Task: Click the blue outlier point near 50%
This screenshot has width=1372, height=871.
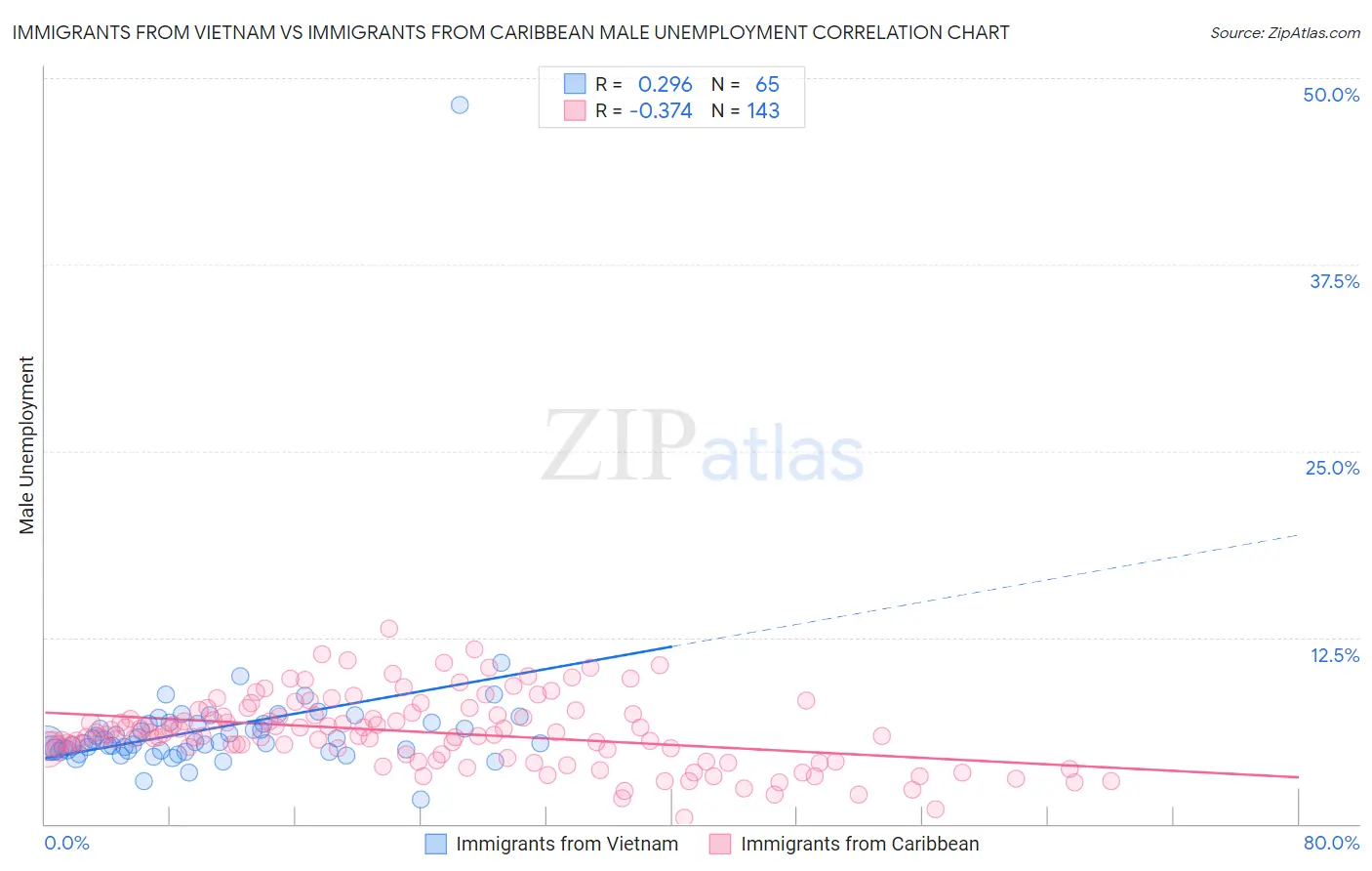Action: coord(460,104)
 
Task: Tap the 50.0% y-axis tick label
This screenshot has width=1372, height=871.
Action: coord(1331,95)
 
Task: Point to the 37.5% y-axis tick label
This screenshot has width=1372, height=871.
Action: coord(1334,281)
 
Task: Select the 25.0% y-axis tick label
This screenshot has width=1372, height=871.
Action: coord(1332,468)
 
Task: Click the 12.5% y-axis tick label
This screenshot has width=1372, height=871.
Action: coord(1334,655)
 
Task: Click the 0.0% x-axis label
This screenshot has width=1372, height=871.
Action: coord(66,843)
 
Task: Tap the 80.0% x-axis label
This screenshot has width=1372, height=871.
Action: coord(1331,843)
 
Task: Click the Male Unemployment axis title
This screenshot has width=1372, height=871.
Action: coord(26,445)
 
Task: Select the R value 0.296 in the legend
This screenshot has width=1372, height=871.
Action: coord(665,85)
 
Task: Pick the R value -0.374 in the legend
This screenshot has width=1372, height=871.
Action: coord(661,111)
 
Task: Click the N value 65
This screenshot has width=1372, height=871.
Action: coord(767,85)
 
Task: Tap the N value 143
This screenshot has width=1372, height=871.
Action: coord(763,111)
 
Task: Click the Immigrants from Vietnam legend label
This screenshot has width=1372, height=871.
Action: coord(567,844)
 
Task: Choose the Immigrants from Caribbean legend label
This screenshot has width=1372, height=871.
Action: coord(860,844)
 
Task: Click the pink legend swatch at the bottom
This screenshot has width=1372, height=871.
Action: coord(720,844)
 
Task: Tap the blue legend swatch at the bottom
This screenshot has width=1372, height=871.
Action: coord(435,844)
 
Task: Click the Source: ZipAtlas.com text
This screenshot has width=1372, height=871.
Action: coord(1284,33)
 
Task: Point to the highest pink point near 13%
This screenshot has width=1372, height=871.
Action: coord(388,629)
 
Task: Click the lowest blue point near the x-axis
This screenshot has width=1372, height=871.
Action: coord(421,800)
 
